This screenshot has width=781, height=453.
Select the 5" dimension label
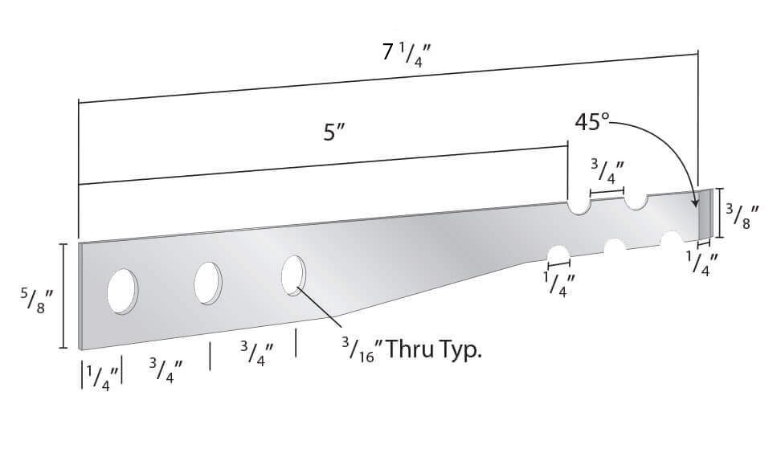pyautogui.click(x=334, y=133)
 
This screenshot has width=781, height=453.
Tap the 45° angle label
pyautogui.click(x=591, y=122)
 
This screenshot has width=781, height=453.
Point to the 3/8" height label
pyautogui.click(x=741, y=215)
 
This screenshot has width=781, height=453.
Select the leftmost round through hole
pyautogui.click(x=122, y=292)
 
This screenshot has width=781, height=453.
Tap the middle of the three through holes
pyautogui.click(x=208, y=283)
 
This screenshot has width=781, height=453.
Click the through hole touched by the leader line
pyautogui.click(x=294, y=275)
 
